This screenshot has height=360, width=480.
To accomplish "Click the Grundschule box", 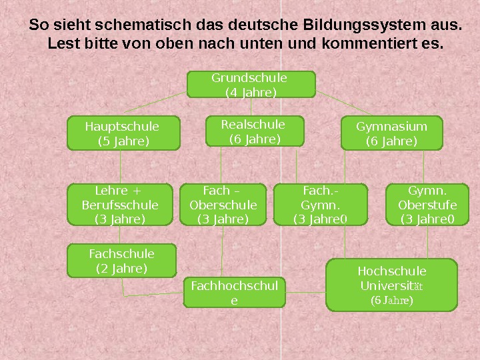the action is point(251,85).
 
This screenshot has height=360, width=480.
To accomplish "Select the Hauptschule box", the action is point(123,133).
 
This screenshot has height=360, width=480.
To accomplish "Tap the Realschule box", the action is point(253,131).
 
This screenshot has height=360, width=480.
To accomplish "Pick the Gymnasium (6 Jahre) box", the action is point(391,133).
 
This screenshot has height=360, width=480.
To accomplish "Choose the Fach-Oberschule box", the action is point(223,205).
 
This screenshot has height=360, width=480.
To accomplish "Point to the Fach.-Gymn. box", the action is point(321,205).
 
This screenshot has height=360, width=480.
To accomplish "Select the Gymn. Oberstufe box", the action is point(427,205).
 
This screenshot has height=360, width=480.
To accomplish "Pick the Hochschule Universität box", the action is point(392,285).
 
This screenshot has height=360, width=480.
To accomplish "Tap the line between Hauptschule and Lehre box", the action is point(120,167).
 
